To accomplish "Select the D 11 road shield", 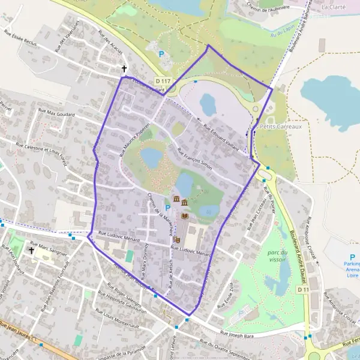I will tap(304, 290).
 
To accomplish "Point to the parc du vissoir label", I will tap(274, 257).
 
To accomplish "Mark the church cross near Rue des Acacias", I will tap(125, 68).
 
